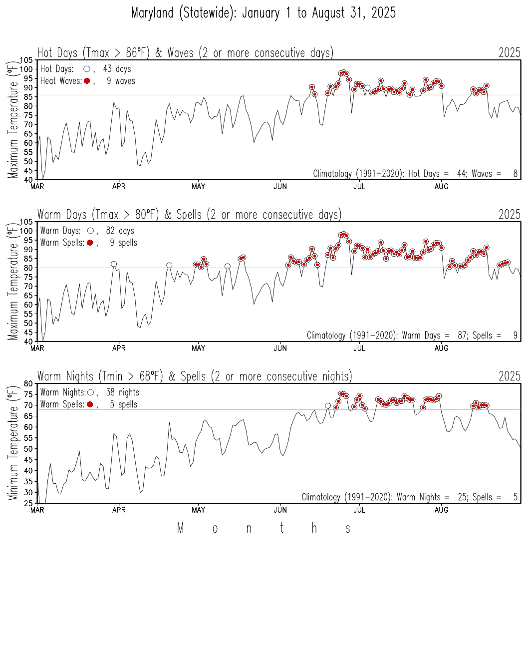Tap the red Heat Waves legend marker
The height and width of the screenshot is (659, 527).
[87, 81]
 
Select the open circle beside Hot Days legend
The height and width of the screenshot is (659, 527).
[87, 69]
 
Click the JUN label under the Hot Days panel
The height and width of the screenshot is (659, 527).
[280, 187]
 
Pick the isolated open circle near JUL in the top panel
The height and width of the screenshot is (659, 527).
[367, 87]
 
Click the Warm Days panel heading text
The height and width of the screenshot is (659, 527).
[189, 215]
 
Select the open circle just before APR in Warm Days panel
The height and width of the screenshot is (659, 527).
[114, 264]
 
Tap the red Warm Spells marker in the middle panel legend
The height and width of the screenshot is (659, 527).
[90, 243]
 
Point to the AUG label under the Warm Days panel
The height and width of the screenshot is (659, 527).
[441, 348]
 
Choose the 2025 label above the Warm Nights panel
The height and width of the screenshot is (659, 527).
[509, 376]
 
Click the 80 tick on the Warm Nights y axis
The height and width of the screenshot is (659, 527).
[28, 383]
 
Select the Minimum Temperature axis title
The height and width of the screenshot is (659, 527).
[12, 443]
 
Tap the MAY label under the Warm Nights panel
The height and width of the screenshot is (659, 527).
[198, 510]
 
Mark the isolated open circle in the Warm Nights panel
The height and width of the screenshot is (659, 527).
[328, 406]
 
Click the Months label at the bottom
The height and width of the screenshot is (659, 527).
[264, 528]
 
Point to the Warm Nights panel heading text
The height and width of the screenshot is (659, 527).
[195, 376]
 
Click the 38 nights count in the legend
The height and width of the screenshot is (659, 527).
[122, 392]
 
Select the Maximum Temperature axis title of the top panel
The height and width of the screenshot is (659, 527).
[12, 120]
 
